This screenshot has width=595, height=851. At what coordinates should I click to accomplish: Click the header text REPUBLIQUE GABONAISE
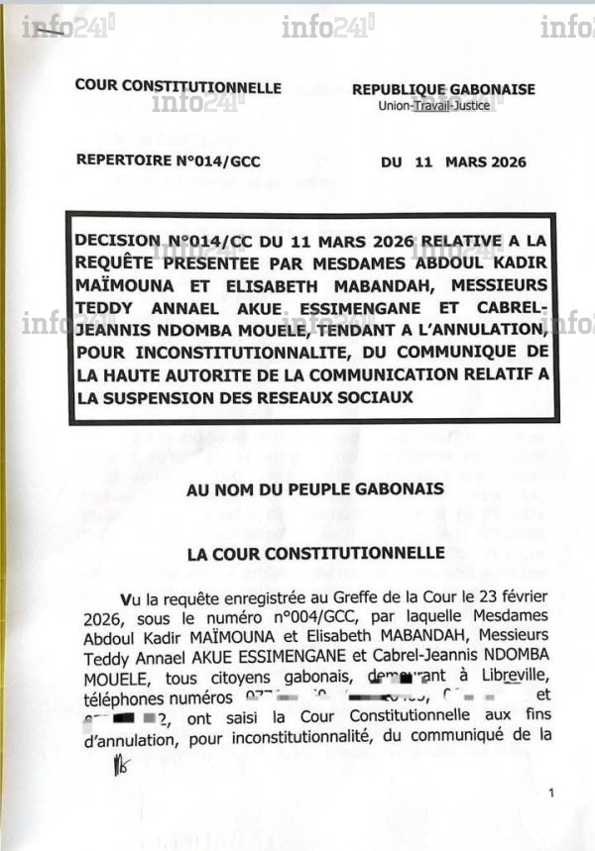443,89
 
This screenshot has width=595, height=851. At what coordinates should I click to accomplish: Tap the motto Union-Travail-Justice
443,105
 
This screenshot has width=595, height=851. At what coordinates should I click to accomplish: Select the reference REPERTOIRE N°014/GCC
168,161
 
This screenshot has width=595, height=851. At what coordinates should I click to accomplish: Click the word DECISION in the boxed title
116,240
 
